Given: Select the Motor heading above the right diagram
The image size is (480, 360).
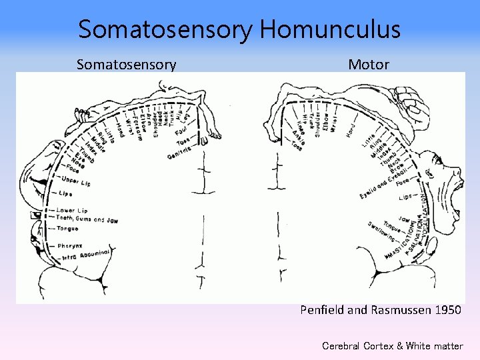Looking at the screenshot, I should pyautogui.click(x=369, y=64).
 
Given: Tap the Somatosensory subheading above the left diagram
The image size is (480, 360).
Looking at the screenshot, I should pyautogui.click(x=126, y=64).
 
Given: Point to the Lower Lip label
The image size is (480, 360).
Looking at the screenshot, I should pyautogui.click(x=71, y=211).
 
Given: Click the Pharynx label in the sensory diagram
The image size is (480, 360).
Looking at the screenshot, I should pyautogui.click(x=69, y=246).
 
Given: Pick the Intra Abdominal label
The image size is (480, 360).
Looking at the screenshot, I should pyautogui.click(x=84, y=255).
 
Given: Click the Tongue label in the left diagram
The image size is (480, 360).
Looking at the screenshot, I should pyautogui.click(x=67, y=228).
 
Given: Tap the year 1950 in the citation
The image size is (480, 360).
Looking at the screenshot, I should pyautogui.click(x=445, y=309).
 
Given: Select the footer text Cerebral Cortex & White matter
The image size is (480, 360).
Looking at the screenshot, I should pyautogui.click(x=392, y=345).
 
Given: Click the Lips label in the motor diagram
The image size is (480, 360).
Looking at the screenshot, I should pyautogui.click(x=405, y=198).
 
